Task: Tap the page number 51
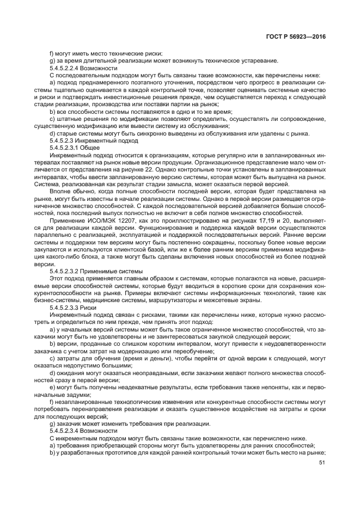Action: coord(321,464)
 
